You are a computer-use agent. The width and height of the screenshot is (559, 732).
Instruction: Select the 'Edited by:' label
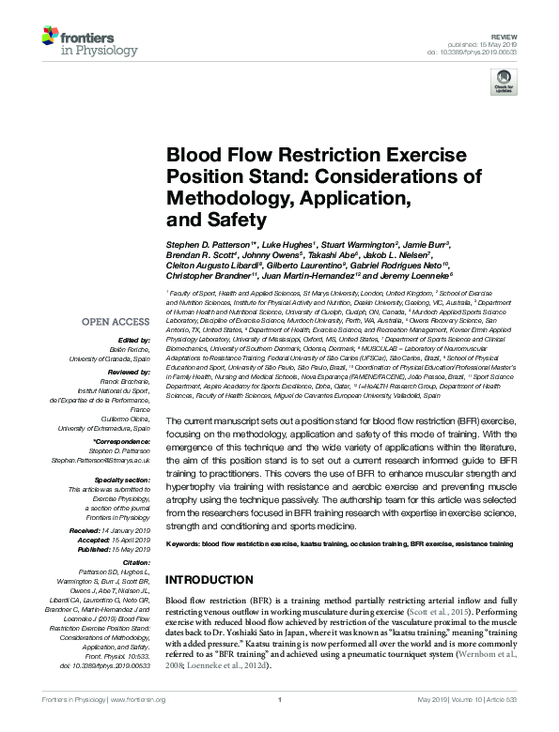tap(136, 340)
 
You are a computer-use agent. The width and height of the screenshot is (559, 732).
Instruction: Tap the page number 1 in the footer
tap(280, 700)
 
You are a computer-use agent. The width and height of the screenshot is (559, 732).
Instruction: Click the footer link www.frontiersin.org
tap(137, 700)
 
